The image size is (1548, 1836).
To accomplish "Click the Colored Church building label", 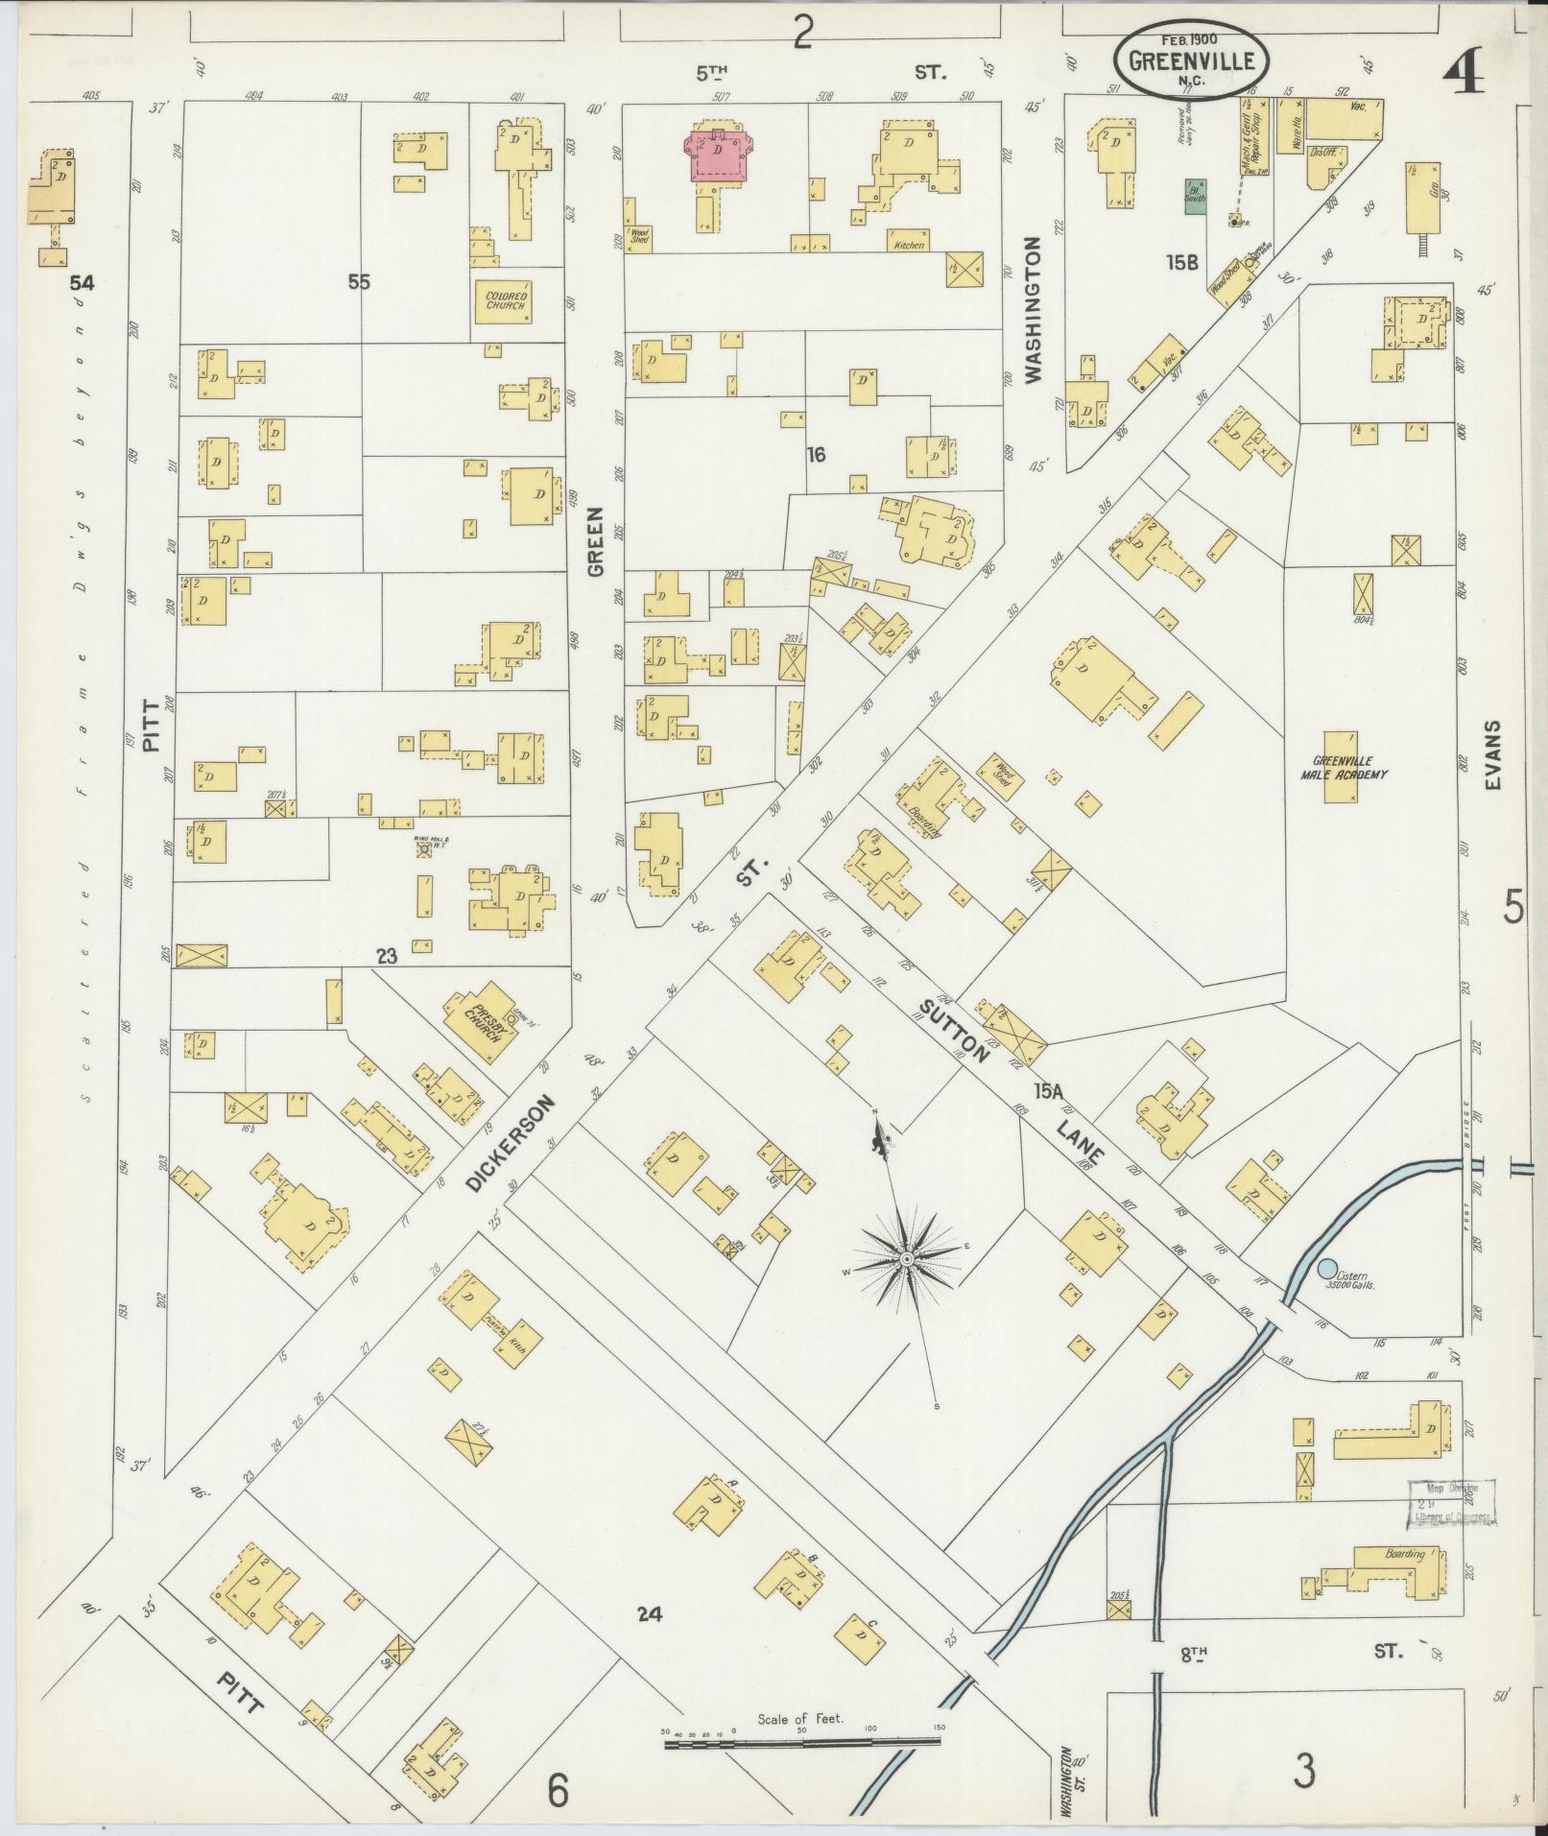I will (505, 299).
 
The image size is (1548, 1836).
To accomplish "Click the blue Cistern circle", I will (1328, 1269).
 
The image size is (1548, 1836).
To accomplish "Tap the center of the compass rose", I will (907, 1257).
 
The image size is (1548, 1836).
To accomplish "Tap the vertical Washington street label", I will (1034, 312).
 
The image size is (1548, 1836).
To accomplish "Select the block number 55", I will (359, 282).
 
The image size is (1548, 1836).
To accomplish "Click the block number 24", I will (650, 1613).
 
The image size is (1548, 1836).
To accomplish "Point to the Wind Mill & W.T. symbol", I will (424, 849).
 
